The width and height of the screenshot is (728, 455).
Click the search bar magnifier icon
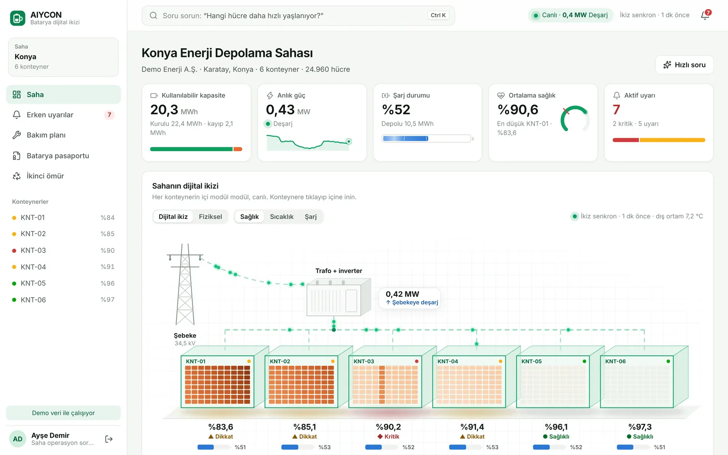click(153, 15)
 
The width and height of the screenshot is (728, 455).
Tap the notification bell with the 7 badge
click(705, 15)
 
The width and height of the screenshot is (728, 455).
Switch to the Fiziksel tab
click(210, 217)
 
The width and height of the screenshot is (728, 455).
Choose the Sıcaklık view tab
click(282, 217)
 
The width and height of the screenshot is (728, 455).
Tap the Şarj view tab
click(310, 217)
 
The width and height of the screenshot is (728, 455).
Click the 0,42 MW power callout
click(410, 298)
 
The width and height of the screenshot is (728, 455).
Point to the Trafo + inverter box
click(339, 298)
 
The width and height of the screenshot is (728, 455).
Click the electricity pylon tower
click(185, 284)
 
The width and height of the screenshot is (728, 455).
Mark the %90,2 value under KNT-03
click(388, 427)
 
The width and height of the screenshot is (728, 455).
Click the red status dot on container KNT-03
click(417, 361)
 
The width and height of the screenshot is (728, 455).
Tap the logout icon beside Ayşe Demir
click(109, 439)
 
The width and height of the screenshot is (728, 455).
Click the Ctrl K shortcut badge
click(438, 15)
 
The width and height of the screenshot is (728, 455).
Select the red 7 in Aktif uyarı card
click(616, 110)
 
